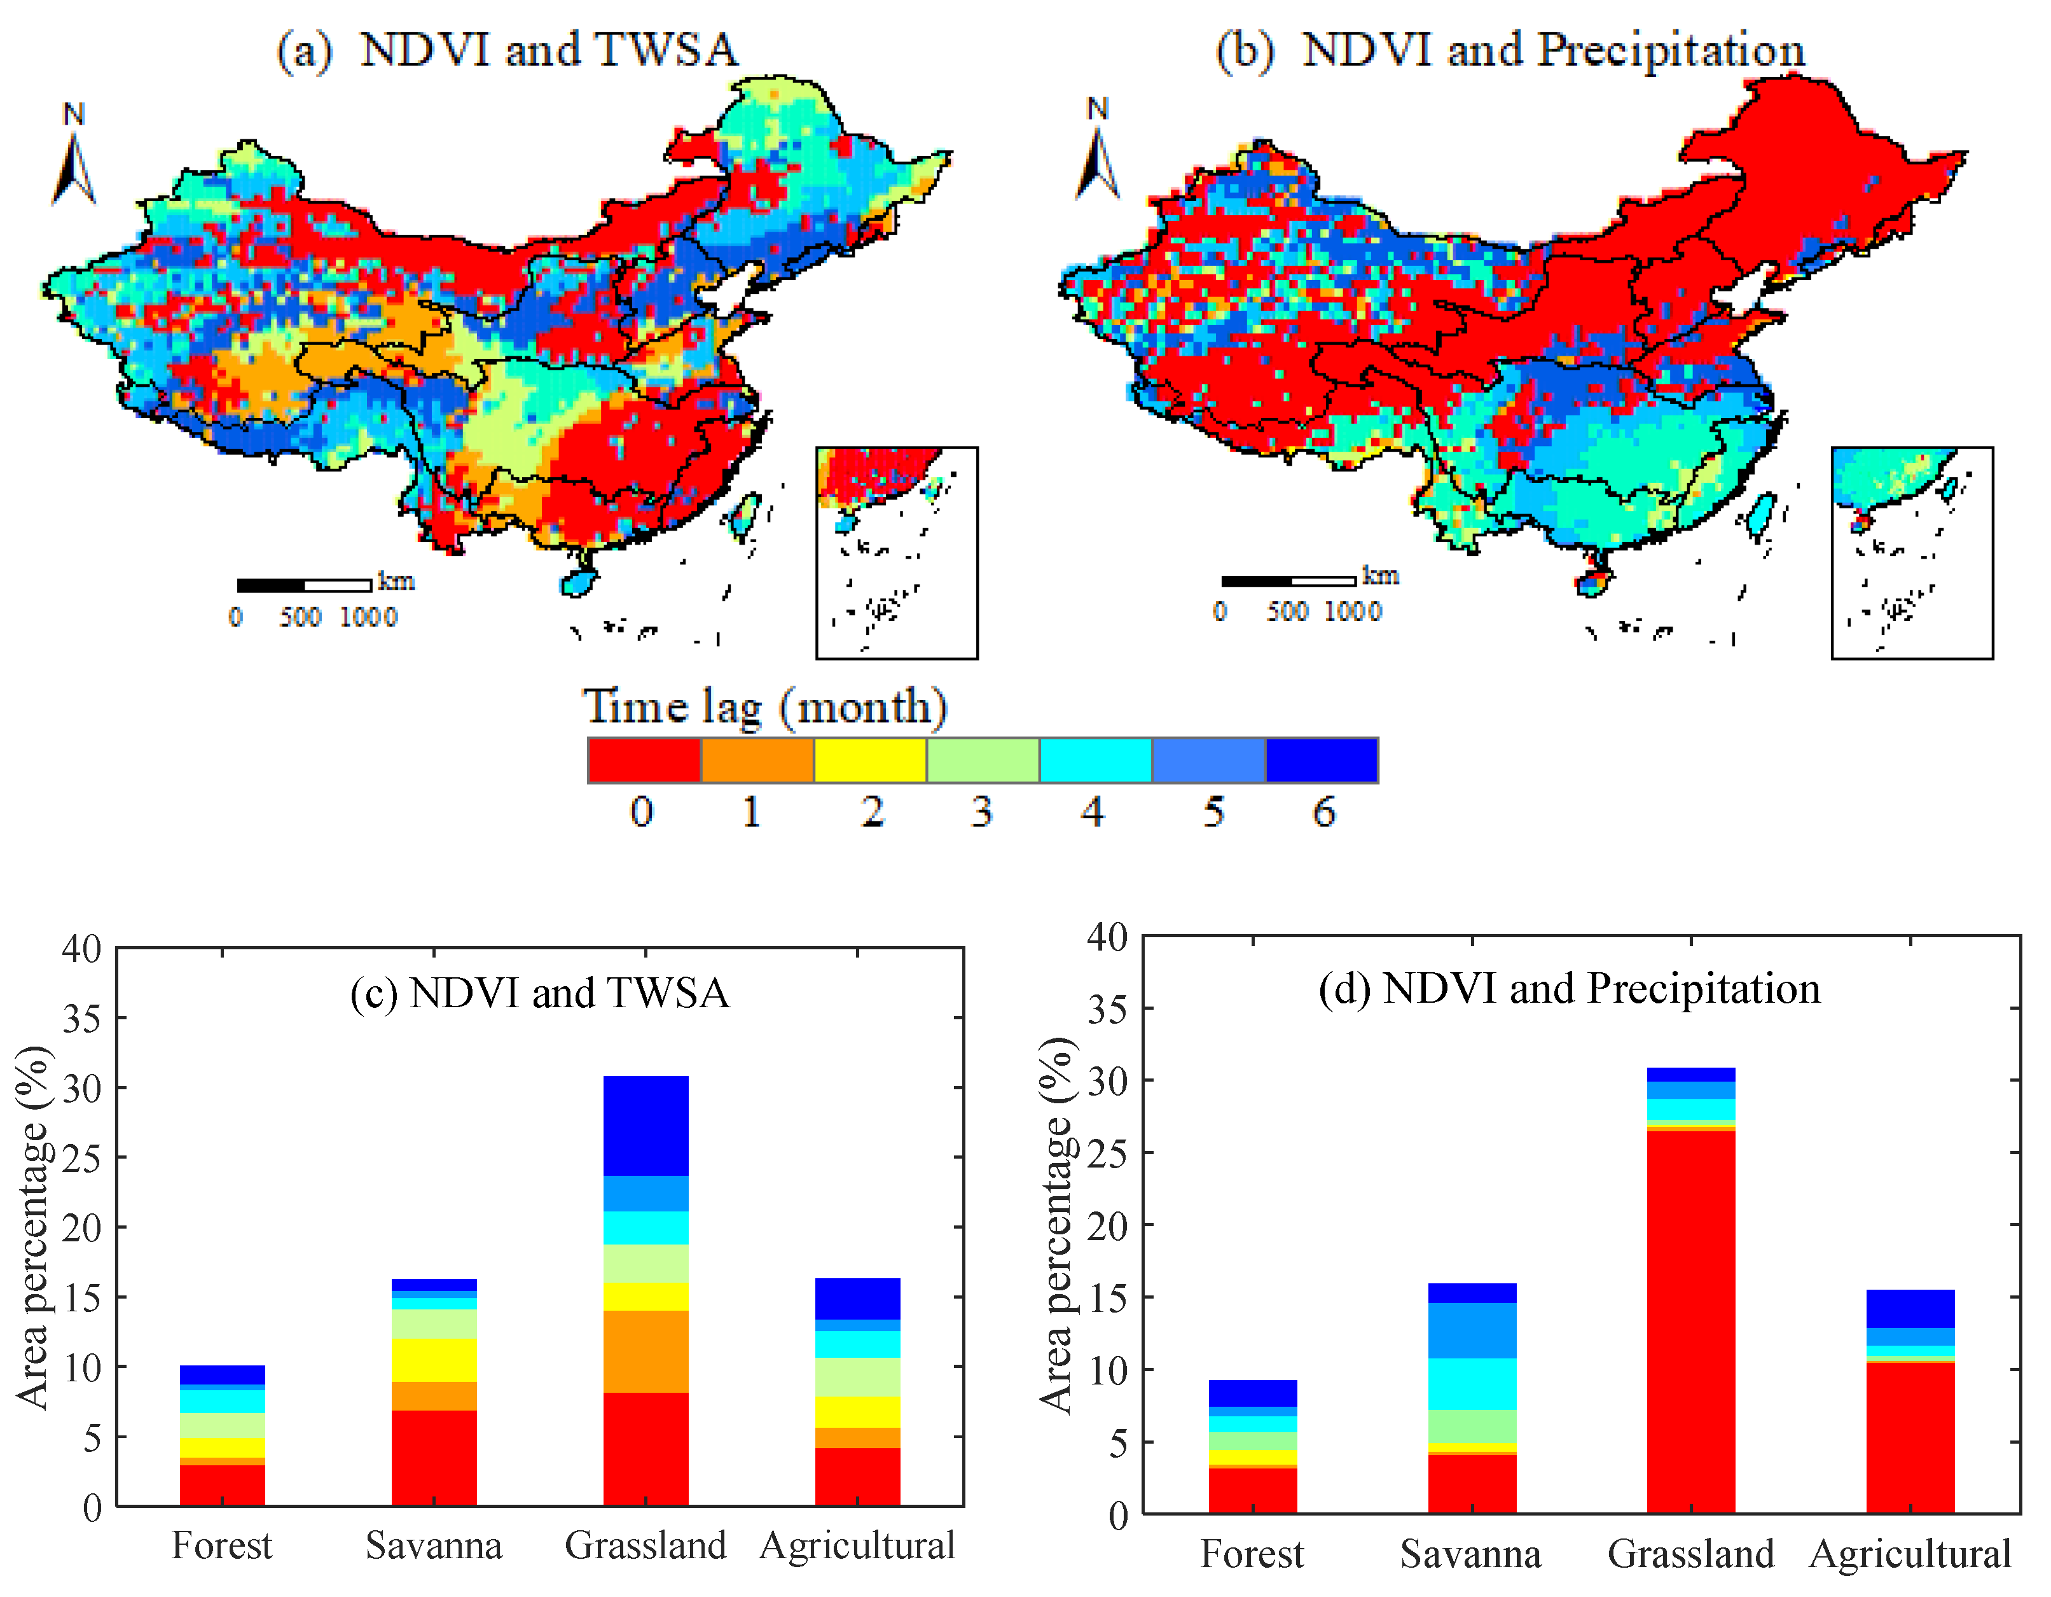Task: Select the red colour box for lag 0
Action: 644,760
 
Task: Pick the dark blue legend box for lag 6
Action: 1322,760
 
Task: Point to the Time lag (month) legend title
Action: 764,706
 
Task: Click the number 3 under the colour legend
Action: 981,812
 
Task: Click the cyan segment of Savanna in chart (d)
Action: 1472,1384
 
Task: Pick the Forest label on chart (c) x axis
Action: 221,1545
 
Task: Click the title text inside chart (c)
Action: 539,993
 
